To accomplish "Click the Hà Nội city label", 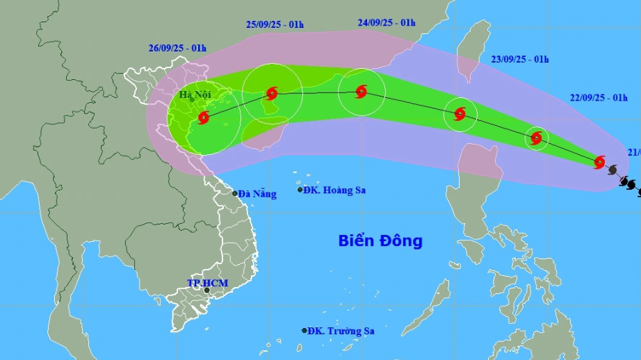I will click(x=194, y=95).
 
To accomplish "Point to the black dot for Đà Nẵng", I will click(x=235, y=193).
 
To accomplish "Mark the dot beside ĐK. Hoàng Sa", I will click(x=300, y=190).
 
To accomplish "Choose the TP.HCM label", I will click(x=207, y=283).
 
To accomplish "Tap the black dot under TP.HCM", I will click(x=206, y=291).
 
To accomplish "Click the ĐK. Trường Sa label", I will click(x=341, y=331).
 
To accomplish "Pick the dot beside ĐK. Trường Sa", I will click(x=305, y=331).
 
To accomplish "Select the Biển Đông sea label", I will click(x=380, y=241).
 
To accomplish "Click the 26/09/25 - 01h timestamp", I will click(x=177, y=48).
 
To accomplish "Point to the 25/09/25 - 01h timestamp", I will click(x=275, y=24).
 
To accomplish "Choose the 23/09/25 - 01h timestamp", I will click(x=520, y=59).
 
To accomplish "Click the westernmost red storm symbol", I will click(x=203, y=117).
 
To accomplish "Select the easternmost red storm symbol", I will click(x=599, y=162).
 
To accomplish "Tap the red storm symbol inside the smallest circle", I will click(x=536, y=138).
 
